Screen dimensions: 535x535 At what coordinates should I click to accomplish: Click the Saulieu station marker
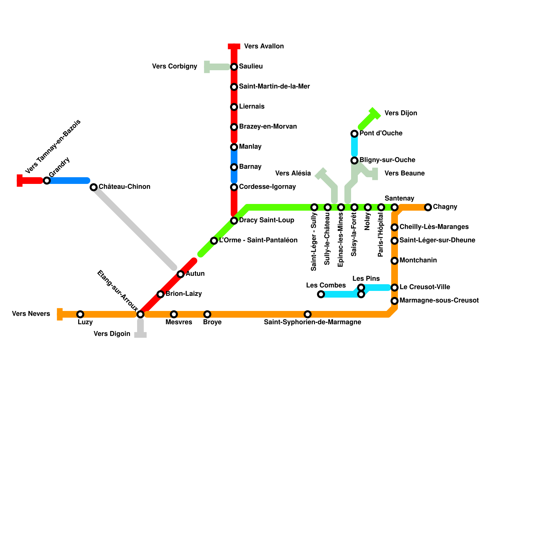[234, 67]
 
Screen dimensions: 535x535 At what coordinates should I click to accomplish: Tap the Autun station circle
[181, 274]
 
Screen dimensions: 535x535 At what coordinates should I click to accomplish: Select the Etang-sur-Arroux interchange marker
[140, 314]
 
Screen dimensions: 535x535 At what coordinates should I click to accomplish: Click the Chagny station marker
[428, 207]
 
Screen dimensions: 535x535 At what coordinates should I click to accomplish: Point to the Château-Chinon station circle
[94, 187]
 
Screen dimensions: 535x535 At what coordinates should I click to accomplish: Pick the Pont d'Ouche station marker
[354, 134]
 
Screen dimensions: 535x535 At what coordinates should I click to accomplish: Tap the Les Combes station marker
[321, 294]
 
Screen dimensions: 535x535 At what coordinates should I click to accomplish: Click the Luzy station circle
[80, 314]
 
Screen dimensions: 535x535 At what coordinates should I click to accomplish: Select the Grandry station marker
[47, 181]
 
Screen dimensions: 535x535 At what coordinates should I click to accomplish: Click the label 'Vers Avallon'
[264, 46]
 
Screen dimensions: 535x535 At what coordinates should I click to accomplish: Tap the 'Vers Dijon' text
[401, 113]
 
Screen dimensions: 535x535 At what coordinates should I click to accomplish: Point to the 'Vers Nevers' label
[31, 314]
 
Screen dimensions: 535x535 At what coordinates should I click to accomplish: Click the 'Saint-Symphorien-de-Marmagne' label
[312, 322]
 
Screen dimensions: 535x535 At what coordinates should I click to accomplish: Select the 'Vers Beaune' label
[404, 173]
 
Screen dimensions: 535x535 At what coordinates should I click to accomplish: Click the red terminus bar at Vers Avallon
[234, 46]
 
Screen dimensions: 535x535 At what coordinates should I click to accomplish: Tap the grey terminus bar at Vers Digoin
[140, 335]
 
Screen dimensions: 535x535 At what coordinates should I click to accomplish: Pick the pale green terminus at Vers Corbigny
[207, 67]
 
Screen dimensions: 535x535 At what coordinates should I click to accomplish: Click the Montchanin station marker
[395, 261]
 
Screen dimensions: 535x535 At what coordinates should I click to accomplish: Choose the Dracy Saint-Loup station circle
[234, 221]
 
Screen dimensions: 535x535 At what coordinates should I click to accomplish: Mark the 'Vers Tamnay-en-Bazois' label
[53, 146]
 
